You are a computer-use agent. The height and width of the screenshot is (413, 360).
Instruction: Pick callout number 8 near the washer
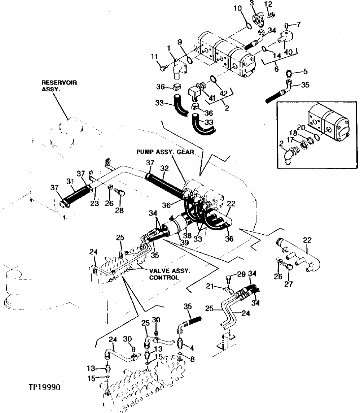pyautogui.click(x=192, y=360)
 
